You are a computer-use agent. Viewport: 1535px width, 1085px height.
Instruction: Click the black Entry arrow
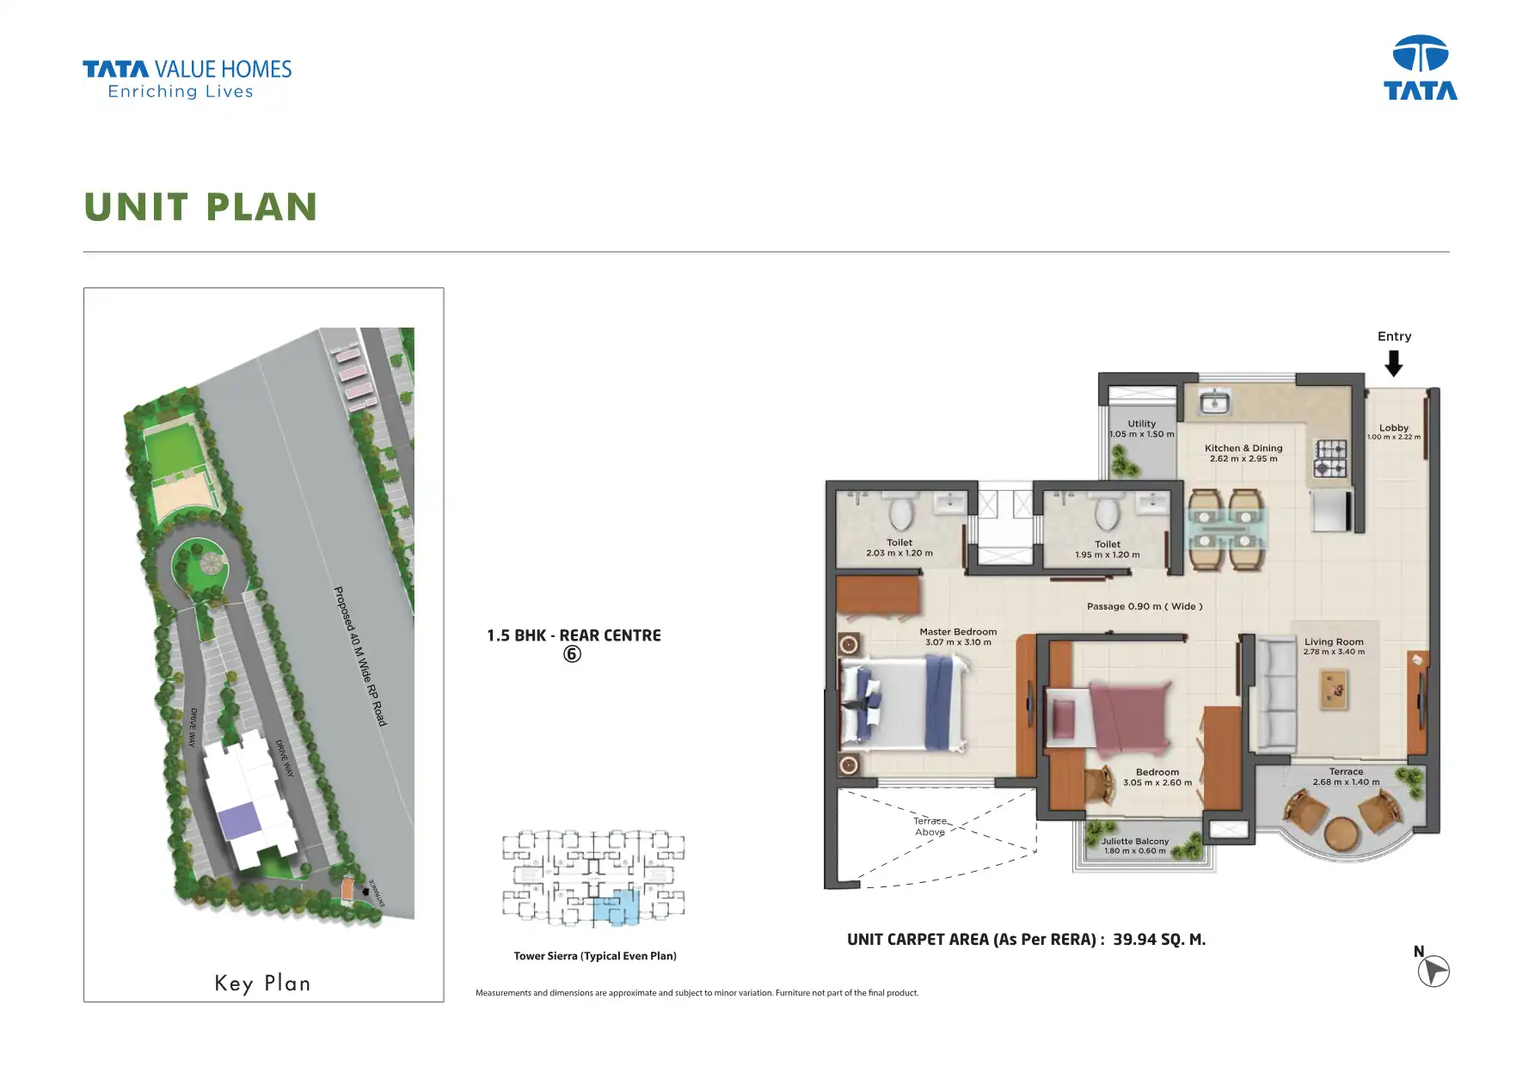tap(1394, 364)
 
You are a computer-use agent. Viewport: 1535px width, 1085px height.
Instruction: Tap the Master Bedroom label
tap(958, 632)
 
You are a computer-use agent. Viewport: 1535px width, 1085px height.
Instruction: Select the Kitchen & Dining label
tap(1243, 448)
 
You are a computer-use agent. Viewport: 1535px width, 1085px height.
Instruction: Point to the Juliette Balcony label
tap(1135, 842)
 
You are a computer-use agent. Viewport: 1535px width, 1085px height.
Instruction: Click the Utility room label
tap(1142, 424)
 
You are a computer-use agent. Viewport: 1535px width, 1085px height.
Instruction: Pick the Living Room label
tap(1334, 642)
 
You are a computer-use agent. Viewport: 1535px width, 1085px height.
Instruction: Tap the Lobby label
tap(1394, 428)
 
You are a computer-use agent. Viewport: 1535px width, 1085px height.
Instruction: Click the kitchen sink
tap(1215, 402)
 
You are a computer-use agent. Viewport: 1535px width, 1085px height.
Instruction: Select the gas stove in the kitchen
tap(1330, 459)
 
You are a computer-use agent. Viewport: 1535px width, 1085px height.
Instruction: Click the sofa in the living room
tap(1276, 695)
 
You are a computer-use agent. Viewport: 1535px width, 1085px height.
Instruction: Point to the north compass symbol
tap(1434, 971)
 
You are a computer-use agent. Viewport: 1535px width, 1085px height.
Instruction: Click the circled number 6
tap(572, 654)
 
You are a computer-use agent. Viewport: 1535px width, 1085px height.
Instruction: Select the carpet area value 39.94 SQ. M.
tap(1159, 940)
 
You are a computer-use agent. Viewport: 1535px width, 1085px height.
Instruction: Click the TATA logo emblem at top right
tap(1420, 54)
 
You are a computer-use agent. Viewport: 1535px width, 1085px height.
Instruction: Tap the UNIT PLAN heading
tap(201, 207)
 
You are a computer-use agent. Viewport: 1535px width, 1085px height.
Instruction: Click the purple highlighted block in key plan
tap(239, 823)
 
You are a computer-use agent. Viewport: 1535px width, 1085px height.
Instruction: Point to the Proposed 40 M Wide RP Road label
tap(360, 656)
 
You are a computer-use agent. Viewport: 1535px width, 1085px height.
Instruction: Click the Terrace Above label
tap(930, 826)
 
